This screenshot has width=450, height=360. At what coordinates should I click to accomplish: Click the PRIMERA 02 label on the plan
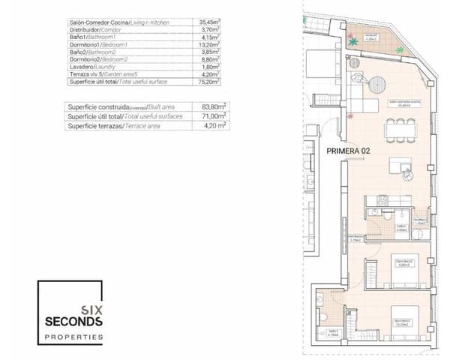(x=349, y=150)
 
